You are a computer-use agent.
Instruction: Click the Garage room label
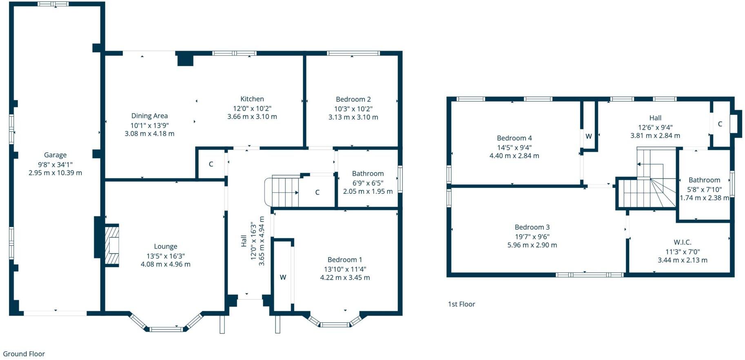tap(55, 155)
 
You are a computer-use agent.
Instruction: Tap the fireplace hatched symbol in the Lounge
tap(112, 245)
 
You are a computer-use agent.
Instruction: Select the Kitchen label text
tap(252, 99)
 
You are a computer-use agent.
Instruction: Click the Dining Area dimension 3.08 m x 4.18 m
tap(149, 133)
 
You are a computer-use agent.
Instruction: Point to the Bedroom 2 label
tap(353, 99)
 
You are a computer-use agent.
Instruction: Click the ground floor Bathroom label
tap(368, 173)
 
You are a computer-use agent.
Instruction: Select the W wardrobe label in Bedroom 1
tap(283, 277)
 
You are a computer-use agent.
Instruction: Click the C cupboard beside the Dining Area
tap(211, 164)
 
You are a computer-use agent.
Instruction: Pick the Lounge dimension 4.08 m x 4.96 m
tap(165, 264)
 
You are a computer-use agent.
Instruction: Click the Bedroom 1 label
tap(345, 260)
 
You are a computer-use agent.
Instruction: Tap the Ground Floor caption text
tap(24, 354)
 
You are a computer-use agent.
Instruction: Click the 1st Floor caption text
tap(461, 304)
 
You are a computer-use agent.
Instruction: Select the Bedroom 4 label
tap(514, 138)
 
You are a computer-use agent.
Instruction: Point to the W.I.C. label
tap(682, 242)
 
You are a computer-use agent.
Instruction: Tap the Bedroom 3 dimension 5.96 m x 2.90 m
tap(532, 245)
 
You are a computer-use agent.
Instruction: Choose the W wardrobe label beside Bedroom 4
tap(588, 136)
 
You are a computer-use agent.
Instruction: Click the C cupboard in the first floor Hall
tap(720, 124)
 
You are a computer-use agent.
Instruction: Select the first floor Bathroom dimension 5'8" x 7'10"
tap(704, 189)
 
